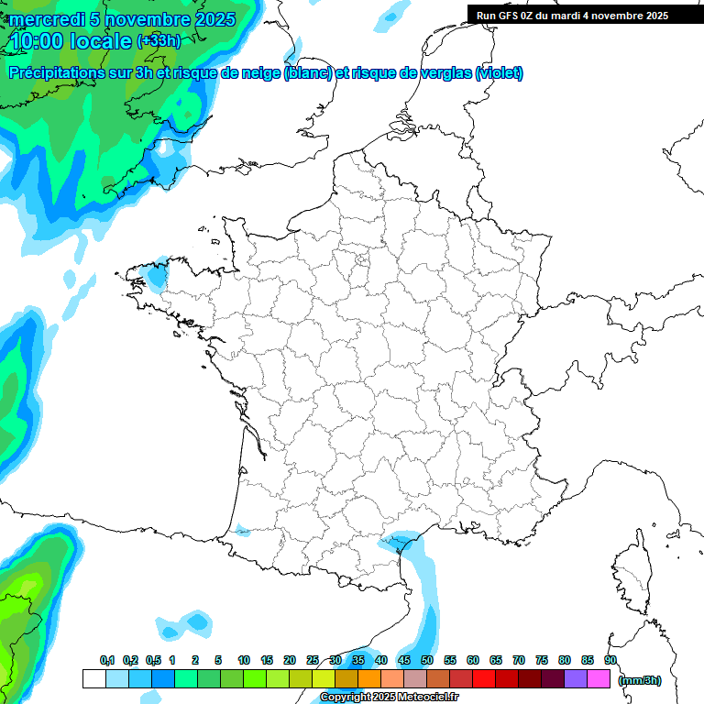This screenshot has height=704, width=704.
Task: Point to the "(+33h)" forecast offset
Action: (x=159, y=41)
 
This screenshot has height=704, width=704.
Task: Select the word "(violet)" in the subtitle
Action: (x=499, y=73)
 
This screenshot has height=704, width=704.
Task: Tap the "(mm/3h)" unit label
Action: (x=639, y=680)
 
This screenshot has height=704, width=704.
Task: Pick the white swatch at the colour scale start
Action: (x=93, y=679)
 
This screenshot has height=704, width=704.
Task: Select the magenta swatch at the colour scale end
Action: (x=599, y=679)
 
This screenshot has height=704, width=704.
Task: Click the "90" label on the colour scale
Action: (x=610, y=660)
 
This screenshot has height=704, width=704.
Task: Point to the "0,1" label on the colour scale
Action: (x=106, y=660)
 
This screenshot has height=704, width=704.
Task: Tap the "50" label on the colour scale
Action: (x=427, y=660)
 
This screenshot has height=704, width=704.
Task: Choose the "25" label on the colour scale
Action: (x=313, y=660)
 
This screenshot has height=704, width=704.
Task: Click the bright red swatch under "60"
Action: (x=484, y=679)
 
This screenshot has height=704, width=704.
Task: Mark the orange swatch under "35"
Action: (x=369, y=679)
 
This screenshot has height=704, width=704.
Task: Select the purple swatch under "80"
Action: (x=576, y=679)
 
